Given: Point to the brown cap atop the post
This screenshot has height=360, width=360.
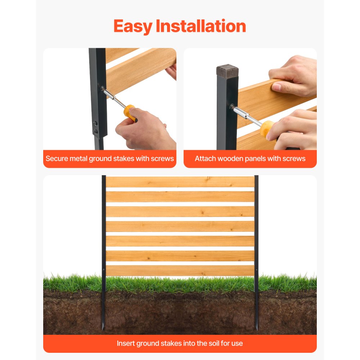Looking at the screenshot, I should pyautogui.click(x=227, y=71).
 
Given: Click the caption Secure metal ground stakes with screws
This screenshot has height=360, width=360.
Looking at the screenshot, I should pyautogui.click(x=109, y=158).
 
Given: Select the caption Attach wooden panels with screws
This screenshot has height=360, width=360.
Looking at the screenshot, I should pyautogui.click(x=250, y=158).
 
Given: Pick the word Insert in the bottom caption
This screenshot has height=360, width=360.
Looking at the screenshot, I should pyautogui.click(x=125, y=343).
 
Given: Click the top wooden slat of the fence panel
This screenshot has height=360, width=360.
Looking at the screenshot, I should pyautogui.click(x=180, y=182).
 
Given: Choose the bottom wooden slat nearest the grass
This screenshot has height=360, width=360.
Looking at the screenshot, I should pyautogui.click(x=180, y=270).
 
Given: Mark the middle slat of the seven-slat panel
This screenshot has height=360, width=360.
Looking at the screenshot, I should pyautogui.click(x=180, y=226).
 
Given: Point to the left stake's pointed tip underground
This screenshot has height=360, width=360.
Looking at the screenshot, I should pyautogui.click(x=103, y=327).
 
